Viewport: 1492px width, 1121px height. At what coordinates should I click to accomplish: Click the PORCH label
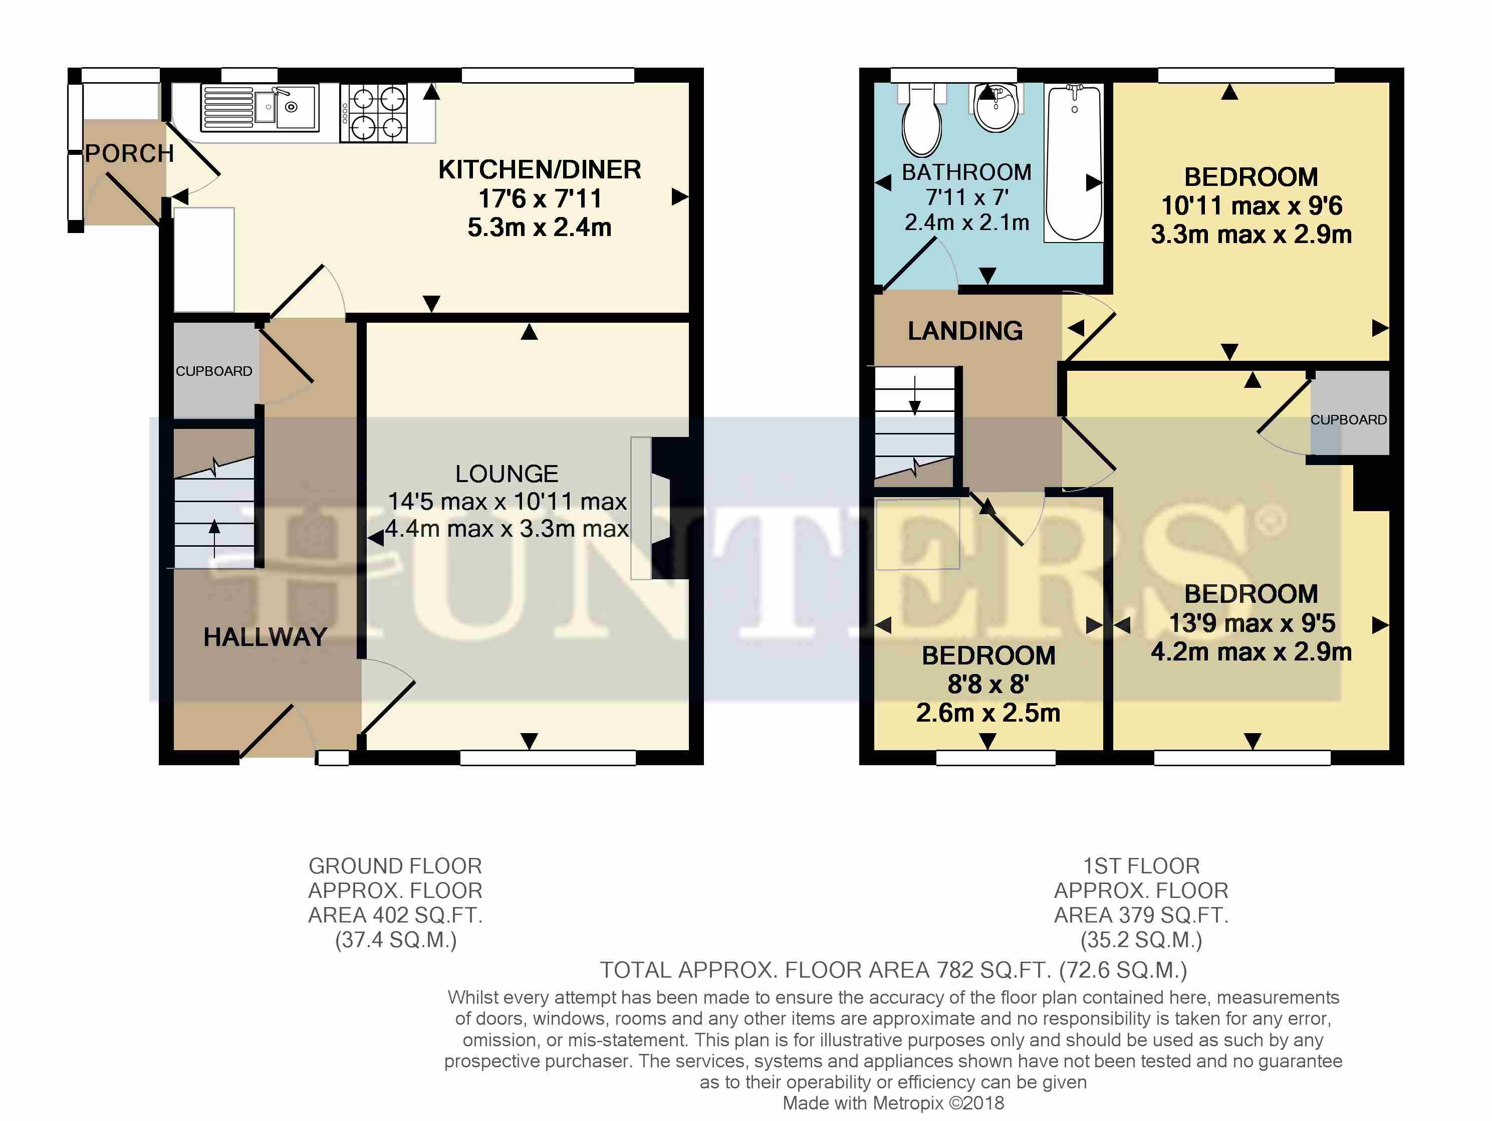129,154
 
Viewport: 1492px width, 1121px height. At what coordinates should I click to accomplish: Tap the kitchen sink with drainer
260,108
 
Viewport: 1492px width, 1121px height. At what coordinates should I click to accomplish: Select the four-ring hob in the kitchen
374,113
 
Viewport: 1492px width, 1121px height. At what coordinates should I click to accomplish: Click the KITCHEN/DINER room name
540,169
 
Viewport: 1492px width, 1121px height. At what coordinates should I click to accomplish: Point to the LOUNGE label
507,474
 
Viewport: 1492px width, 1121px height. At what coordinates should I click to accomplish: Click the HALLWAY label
265,637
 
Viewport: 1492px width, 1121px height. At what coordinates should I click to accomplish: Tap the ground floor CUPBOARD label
214,371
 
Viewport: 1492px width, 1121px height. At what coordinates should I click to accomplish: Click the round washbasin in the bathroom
997,108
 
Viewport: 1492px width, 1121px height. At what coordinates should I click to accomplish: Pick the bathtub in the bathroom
1074,162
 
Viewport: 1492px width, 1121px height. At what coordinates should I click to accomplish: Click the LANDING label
965,331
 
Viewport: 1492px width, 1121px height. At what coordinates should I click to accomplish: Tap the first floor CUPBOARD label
1348,419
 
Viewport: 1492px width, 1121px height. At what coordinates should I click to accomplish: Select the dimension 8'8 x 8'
988,684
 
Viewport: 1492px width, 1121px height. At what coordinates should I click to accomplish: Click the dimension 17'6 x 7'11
540,198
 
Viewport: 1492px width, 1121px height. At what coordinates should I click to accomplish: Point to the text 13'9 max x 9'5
1252,622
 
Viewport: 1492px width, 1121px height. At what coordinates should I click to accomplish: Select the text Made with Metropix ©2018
893,1103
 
